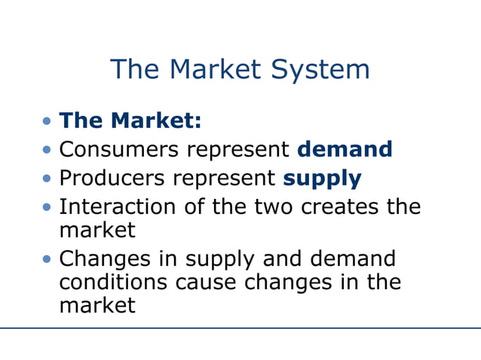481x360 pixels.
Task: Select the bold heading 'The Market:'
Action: click(130, 120)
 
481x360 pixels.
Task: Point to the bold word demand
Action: click(345, 148)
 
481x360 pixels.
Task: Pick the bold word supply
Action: click(322, 178)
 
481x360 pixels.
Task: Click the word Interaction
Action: click(120, 206)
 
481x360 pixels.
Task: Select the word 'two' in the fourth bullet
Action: click(271, 206)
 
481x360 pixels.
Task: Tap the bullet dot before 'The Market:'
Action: click(48, 121)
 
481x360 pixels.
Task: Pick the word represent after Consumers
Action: click(238, 150)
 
